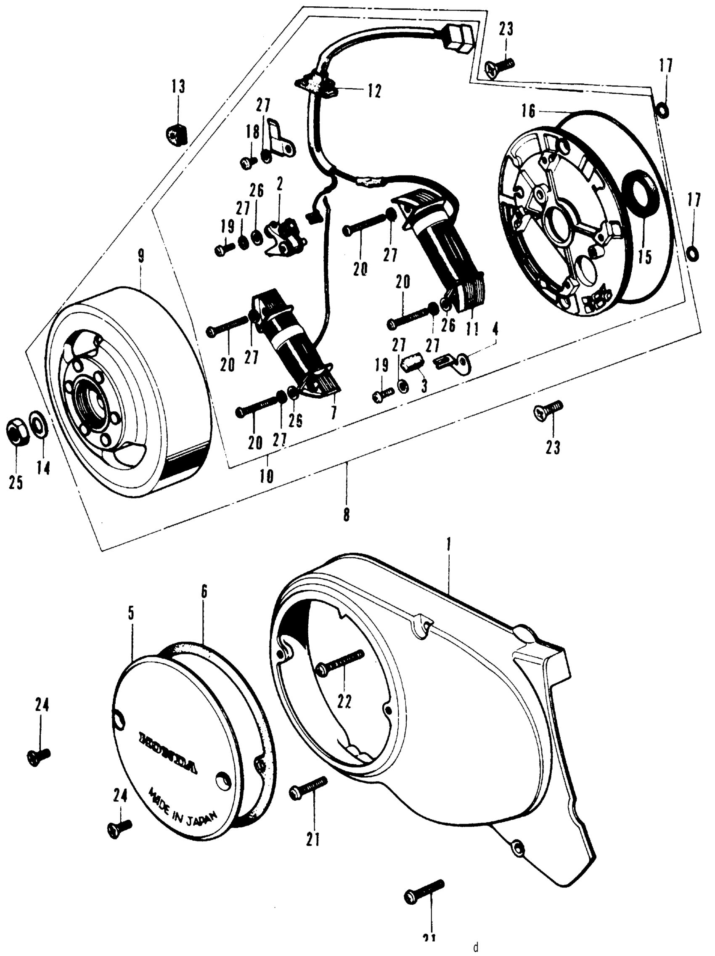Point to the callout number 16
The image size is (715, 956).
tap(528, 111)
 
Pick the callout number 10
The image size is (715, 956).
tap(267, 476)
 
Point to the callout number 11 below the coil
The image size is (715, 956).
tap(472, 330)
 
